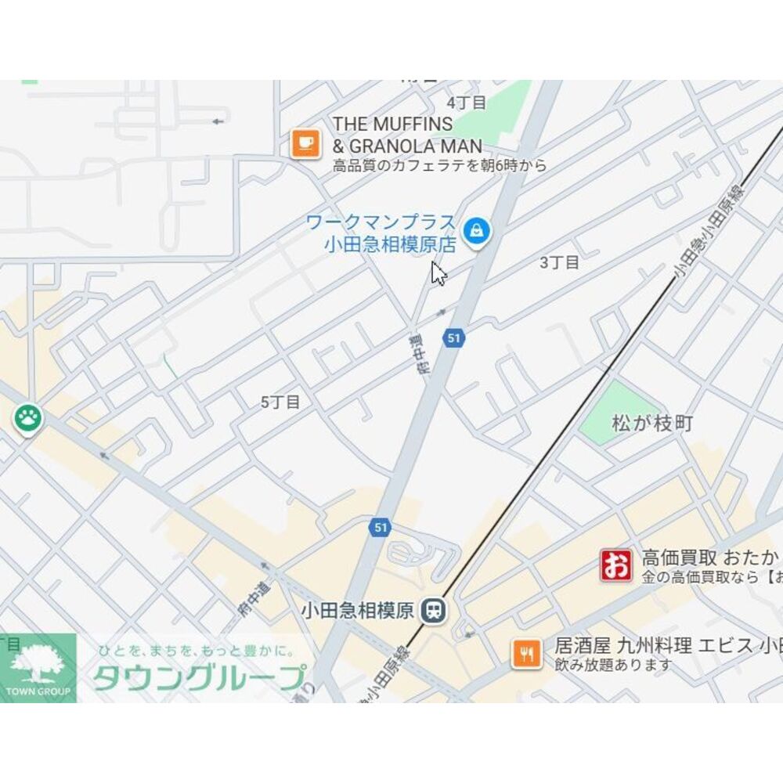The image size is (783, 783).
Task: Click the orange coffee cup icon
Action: (x=305, y=143)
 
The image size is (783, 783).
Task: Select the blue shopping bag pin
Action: (x=476, y=231)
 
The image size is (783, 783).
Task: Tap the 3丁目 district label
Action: (x=560, y=262)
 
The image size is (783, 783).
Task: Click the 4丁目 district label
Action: (x=467, y=103)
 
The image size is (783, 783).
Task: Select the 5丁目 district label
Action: (x=280, y=402)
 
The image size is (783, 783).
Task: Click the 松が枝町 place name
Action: (x=652, y=424)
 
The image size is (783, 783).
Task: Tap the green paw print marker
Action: (x=28, y=418)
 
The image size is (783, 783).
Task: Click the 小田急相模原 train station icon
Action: (x=431, y=610)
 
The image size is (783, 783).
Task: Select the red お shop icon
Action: (x=616, y=565)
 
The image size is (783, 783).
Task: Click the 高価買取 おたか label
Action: (x=710, y=558)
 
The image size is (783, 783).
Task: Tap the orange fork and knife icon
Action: (x=527, y=654)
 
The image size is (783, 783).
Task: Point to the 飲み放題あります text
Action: (x=613, y=665)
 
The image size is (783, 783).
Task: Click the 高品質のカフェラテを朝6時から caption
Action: (x=439, y=166)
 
